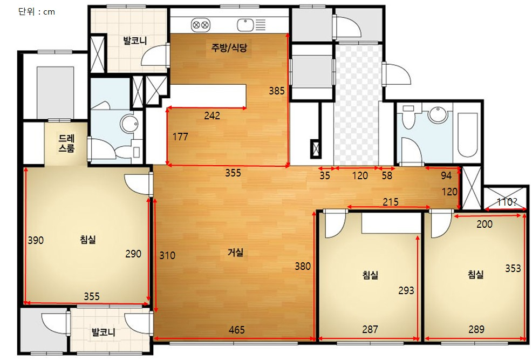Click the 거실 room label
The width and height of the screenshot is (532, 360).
point(235,253)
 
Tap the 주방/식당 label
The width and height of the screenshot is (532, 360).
point(229,47)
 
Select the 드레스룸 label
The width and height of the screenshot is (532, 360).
point(66,143)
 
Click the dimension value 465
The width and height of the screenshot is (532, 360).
point(237,330)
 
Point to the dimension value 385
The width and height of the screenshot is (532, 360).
point(277,91)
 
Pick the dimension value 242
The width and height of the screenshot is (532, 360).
point(212,116)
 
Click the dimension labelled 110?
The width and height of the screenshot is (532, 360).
point(507,202)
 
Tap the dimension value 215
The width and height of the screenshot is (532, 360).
point(391,202)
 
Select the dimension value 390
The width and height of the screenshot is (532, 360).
point(36,240)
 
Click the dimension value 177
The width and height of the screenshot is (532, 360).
point(180,137)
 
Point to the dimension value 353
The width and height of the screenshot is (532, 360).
point(513,268)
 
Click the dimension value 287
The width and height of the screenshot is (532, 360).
point(370,329)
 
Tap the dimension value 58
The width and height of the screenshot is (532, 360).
point(387,175)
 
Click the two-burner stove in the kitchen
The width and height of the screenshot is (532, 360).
point(201,25)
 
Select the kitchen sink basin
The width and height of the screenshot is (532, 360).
point(245,25)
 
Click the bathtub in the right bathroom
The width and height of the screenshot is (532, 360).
point(467,135)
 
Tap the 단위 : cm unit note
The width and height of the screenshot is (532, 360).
point(37,12)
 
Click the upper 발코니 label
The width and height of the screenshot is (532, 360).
point(135,40)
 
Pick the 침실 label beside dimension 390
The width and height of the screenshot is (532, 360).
point(88,240)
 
